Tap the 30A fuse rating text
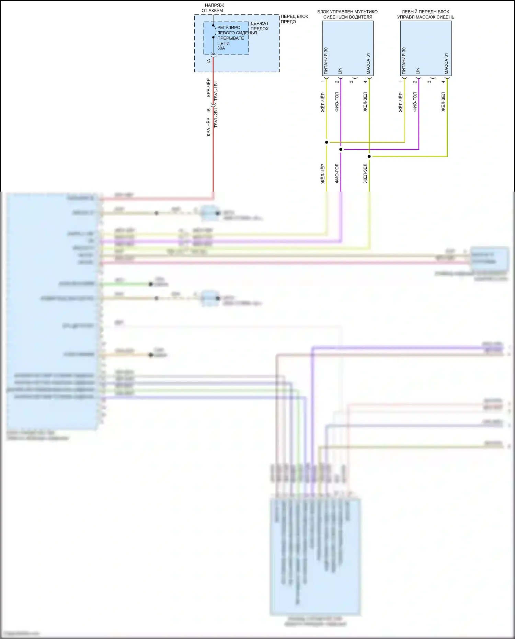pos(221,48)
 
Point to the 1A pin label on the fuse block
pos(209,61)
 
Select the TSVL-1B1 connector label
pos(216,91)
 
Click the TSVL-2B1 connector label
pos(216,118)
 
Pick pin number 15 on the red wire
pos(209,111)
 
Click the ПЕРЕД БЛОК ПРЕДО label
pos(294,19)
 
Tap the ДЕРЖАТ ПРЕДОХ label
pos(260,26)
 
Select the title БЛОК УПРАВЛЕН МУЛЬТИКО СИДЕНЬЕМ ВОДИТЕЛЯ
pos(347,14)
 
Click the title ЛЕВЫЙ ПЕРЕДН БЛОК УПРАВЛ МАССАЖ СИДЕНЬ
pos(425,14)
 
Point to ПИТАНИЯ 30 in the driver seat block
pos(326,61)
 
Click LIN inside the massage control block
pos(418,71)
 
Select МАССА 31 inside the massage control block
pos(446,64)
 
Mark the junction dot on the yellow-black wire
pos(327,142)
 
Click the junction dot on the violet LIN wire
pos(341,149)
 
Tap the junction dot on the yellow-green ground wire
pos(369,157)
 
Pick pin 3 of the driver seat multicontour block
pos(351,82)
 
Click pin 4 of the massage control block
pos(443,82)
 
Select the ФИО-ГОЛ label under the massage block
pos(415,102)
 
